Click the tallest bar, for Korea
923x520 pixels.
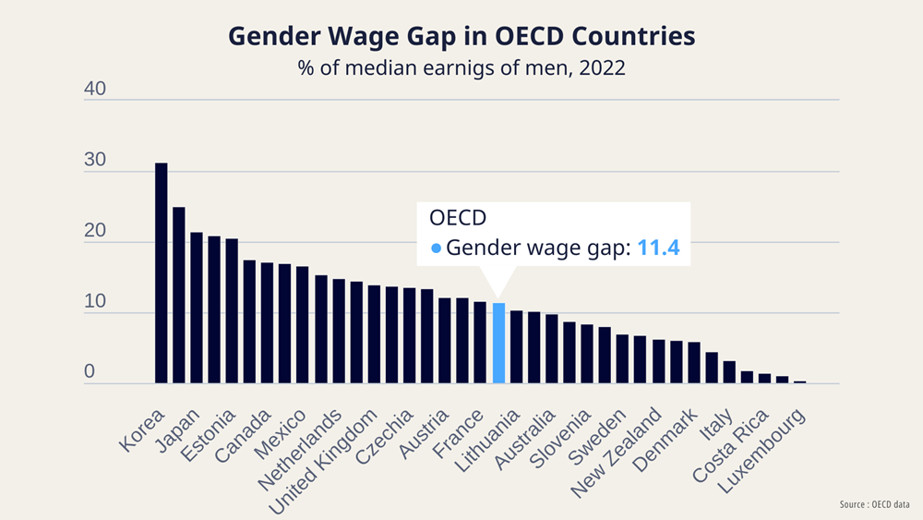(161, 272)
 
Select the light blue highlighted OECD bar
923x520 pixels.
(498, 343)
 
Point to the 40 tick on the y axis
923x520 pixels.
(96, 91)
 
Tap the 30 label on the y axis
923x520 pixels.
(96, 161)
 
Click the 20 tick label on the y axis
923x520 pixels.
(96, 231)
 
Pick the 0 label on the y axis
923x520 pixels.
(90, 372)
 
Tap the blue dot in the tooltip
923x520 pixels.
(437, 248)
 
